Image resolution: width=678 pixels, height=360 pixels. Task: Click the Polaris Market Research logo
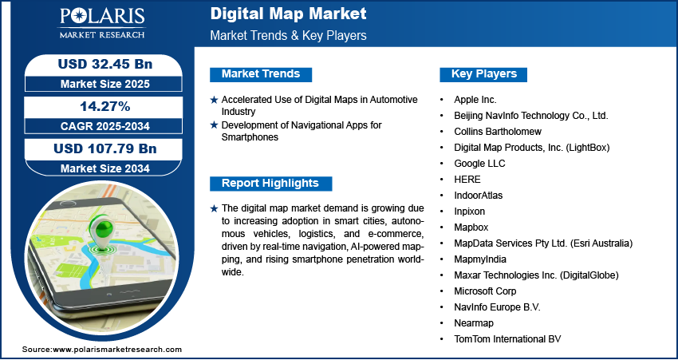[x=102, y=23]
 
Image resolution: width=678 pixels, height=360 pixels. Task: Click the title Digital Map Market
[x=289, y=14]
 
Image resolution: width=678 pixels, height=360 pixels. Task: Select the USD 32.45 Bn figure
[x=105, y=64]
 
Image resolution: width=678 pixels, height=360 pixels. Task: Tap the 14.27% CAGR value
[x=105, y=106]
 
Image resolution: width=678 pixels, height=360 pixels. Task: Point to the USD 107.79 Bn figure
[x=105, y=148]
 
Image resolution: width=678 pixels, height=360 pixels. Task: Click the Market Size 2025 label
[x=105, y=84]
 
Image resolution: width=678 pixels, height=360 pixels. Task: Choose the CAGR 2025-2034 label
[x=105, y=126]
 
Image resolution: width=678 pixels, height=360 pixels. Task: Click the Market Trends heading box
[x=261, y=74]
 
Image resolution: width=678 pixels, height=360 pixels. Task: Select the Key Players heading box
[x=483, y=74]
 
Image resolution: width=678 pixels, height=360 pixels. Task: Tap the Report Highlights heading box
[x=270, y=183]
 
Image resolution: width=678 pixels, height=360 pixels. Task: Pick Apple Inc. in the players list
[x=475, y=100]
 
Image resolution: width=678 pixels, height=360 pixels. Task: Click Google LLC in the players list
[x=479, y=164]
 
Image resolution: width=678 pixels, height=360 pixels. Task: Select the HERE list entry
[x=467, y=179]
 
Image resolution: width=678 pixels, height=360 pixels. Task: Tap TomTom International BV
[x=507, y=338]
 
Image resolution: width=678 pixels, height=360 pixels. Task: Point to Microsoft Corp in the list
[x=485, y=291]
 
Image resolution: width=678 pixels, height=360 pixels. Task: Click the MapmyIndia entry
[x=480, y=259]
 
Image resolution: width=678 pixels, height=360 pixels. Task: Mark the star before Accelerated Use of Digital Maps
[x=214, y=101]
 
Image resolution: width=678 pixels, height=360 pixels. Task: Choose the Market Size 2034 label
[x=105, y=168]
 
